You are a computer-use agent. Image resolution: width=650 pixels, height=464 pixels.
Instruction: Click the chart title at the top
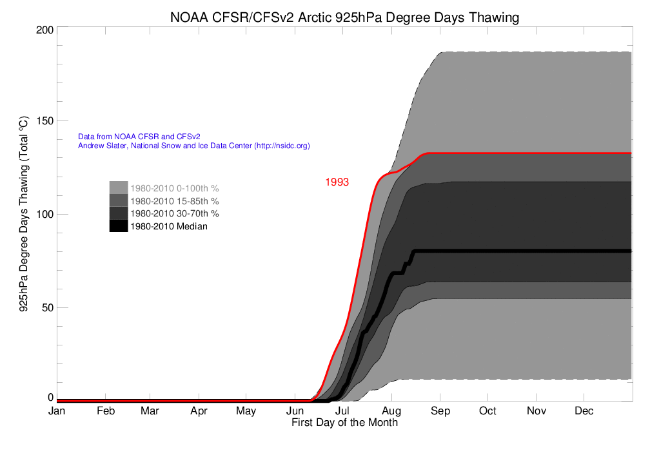344,17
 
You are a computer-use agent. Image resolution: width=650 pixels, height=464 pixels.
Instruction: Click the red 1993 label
337,182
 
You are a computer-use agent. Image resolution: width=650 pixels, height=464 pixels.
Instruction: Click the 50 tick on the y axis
46,307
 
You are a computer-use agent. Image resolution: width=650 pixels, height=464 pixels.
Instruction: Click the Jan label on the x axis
57,411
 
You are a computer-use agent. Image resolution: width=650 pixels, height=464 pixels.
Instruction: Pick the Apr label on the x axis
199,411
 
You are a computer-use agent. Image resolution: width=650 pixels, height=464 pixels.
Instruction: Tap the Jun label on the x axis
295,411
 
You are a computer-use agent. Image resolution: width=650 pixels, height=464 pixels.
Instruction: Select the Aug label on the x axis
391,411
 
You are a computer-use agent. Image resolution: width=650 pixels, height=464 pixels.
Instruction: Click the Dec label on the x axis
584,411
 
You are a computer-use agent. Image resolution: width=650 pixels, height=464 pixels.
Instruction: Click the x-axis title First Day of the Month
344,423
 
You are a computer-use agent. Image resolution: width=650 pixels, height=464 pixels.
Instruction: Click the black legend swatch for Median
119,226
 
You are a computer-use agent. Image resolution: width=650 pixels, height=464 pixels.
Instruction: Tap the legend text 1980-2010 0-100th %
175,189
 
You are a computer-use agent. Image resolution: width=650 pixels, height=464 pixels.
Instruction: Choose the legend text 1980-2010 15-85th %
175,201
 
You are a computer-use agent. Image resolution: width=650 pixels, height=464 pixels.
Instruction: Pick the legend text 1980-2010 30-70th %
175,213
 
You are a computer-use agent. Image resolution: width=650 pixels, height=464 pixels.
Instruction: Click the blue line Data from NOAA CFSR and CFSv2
139,137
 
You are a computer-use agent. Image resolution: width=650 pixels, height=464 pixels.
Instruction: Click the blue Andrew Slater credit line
194,146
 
